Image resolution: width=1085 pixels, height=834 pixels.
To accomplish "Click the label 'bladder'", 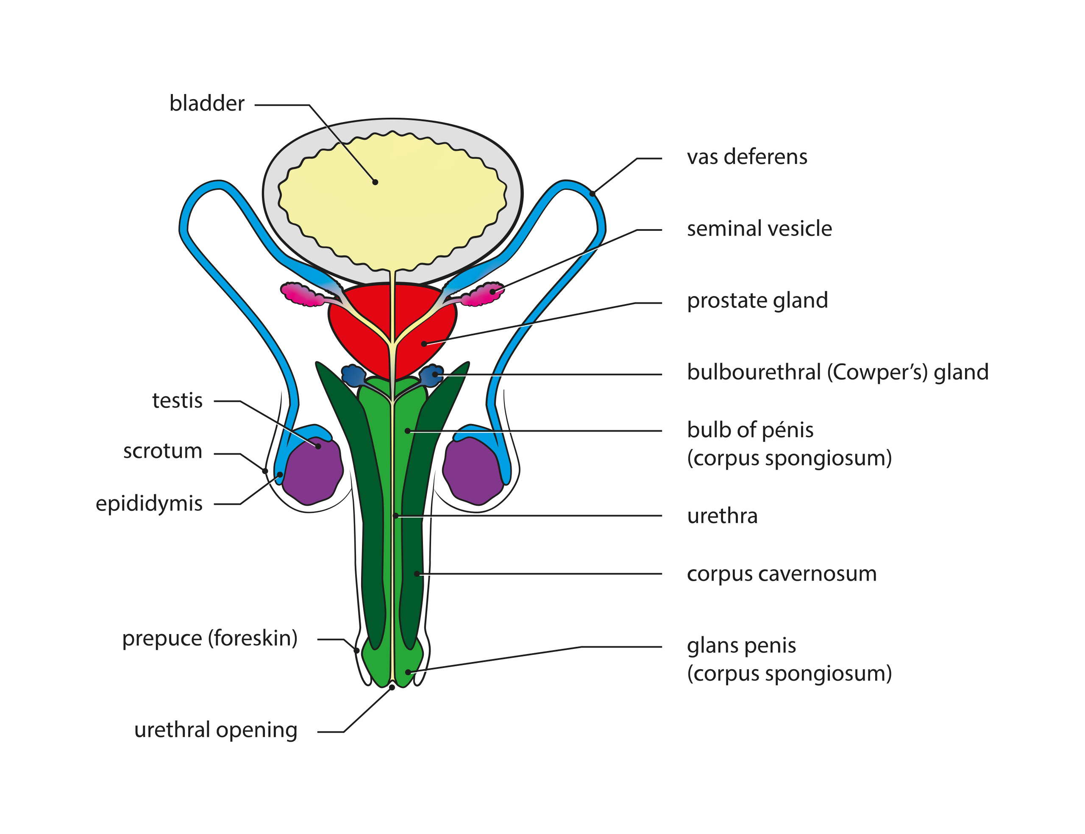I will click(x=207, y=104).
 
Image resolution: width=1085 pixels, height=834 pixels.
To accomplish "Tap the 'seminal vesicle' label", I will click(x=759, y=229).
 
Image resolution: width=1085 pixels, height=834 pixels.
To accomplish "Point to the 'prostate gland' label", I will click(x=757, y=301).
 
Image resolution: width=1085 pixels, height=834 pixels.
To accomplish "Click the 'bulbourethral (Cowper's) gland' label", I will click(x=837, y=372).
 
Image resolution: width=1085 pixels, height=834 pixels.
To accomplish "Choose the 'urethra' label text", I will click(x=722, y=516).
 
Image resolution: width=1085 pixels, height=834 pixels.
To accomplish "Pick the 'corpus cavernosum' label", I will click(x=782, y=574).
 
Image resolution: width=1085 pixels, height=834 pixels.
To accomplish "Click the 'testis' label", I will click(x=177, y=401).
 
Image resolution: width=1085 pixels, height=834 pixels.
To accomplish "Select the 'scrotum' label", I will click(x=162, y=451).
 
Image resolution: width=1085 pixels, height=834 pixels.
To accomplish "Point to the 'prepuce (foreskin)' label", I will click(x=210, y=638).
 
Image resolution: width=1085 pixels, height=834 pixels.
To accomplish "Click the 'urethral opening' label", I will click(x=216, y=730).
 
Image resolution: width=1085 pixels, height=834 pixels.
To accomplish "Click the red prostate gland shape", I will click(x=367, y=338).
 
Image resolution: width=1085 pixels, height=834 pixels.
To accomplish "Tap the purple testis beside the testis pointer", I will click(x=312, y=471).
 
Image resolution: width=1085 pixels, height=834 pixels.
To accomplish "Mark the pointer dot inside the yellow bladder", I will click(x=375, y=182).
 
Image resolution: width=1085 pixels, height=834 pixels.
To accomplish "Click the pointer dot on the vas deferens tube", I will click(x=592, y=194).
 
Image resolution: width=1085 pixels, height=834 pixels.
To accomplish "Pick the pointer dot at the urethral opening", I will click(x=392, y=687).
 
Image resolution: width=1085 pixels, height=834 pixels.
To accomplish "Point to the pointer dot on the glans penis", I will click(x=408, y=672).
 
